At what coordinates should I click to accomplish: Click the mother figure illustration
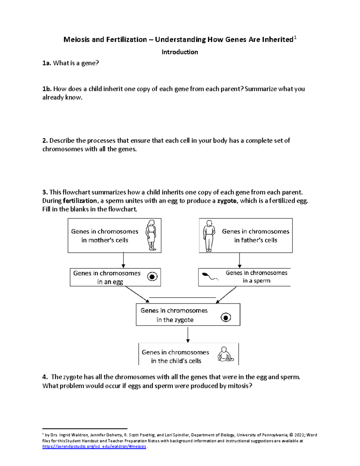pyautogui.click(x=151, y=235)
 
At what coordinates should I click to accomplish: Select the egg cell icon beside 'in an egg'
pyautogui.click(x=152, y=276)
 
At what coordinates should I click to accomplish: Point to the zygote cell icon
pyautogui.click(x=226, y=317)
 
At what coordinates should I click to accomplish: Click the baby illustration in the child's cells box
pyautogui.click(x=225, y=354)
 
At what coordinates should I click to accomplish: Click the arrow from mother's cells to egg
pyautogui.click(x=123, y=260)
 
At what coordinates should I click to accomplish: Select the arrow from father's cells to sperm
pyautogui.click(x=239, y=260)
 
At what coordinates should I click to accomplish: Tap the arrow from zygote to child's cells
pyautogui.click(x=188, y=335)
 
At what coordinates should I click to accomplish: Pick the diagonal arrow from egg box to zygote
pyautogui.click(x=137, y=294)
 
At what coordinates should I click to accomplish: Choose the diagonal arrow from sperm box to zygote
pyautogui.click(x=226, y=295)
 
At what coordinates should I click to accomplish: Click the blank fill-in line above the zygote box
pyautogui.click(x=182, y=297)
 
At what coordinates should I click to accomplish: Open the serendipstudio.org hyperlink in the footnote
pyautogui.click(x=94, y=446)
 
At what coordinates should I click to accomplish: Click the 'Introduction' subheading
pyautogui.click(x=180, y=52)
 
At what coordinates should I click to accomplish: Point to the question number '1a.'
pyautogui.click(x=46, y=63)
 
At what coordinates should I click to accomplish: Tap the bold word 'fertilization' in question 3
pyautogui.click(x=80, y=201)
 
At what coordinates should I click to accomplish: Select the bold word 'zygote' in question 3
pyautogui.click(x=227, y=201)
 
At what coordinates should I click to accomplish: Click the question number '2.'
pyautogui.click(x=45, y=140)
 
